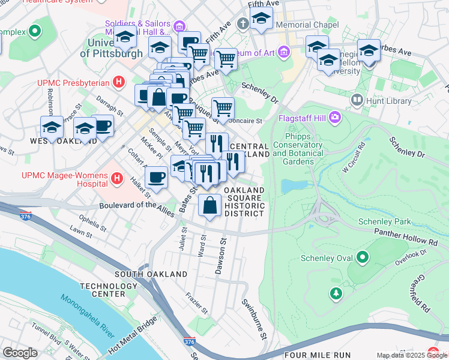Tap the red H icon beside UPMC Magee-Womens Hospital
[118, 179]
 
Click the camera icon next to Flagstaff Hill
[334, 117]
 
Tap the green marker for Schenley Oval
[363, 259]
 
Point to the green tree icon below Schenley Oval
[336, 293]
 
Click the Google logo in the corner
[20, 353]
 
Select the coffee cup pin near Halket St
[157, 178]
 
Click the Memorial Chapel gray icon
[243, 24]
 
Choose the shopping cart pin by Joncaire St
[223, 109]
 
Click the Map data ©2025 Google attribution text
[412, 355]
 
